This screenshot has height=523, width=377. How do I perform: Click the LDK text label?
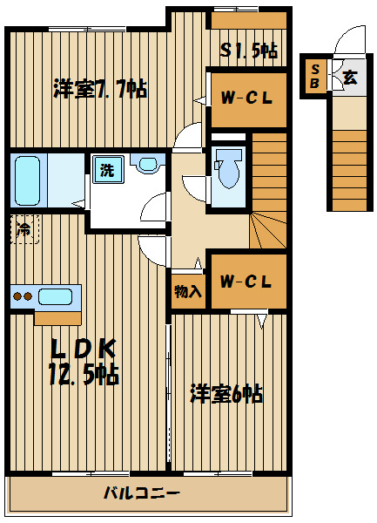(84, 349)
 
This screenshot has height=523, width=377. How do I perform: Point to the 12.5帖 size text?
(84, 375)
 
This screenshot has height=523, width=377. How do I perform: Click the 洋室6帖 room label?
(226, 394)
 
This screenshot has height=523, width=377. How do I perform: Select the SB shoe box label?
(314, 76)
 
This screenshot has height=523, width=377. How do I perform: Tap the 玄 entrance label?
(349, 76)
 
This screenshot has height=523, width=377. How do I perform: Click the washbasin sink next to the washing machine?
(147, 164)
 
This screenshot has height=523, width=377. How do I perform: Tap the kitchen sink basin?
(56, 296)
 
